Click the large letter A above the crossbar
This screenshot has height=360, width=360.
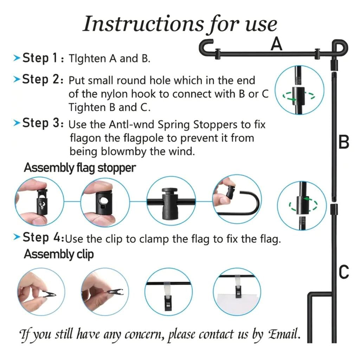point(276,44)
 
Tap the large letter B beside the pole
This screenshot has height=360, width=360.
point(343,142)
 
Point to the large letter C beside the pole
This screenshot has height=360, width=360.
point(344,272)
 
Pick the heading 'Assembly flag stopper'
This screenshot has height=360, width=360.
point(80,168)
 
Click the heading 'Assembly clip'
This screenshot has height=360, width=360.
point(59,254)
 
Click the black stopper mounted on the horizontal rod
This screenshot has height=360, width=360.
point(170,204)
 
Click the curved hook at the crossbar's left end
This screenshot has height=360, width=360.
point(205,47)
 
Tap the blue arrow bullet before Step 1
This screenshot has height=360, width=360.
point(17,58)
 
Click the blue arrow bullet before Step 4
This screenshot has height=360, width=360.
point(17,237)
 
